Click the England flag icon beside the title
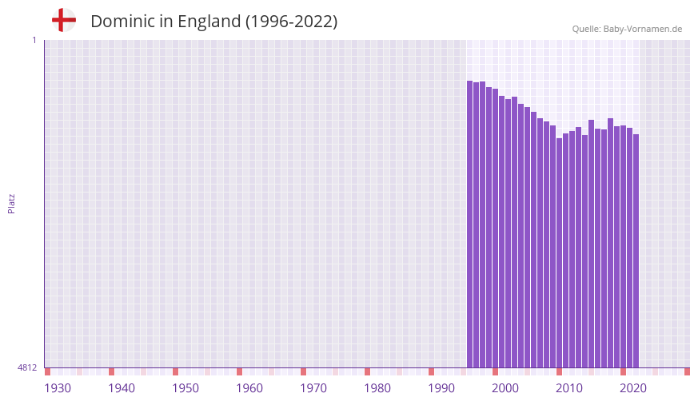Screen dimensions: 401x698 [x=64, y=21]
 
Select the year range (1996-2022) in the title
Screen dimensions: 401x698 [x=292, y=22]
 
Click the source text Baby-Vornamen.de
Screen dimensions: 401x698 [x=643, y=29]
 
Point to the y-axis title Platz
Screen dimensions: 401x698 [x=11, y=203]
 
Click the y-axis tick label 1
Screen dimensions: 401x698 [x=34, y=40]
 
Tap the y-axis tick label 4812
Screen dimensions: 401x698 [x=27, y=367]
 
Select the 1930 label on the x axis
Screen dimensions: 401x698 [x=58, y=388]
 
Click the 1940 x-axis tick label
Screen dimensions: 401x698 [x=122, y=388]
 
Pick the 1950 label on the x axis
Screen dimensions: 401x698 [x=185, y=388]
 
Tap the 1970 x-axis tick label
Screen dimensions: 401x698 [x=313, y=388]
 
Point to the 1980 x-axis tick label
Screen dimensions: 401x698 [x=377, y=388]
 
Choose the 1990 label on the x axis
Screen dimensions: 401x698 [x=441, y=388]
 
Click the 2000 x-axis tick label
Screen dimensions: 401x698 [x=505, y=388]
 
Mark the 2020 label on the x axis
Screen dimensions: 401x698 [x=633, y=388]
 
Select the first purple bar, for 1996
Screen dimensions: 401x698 [x=470, y=224]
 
